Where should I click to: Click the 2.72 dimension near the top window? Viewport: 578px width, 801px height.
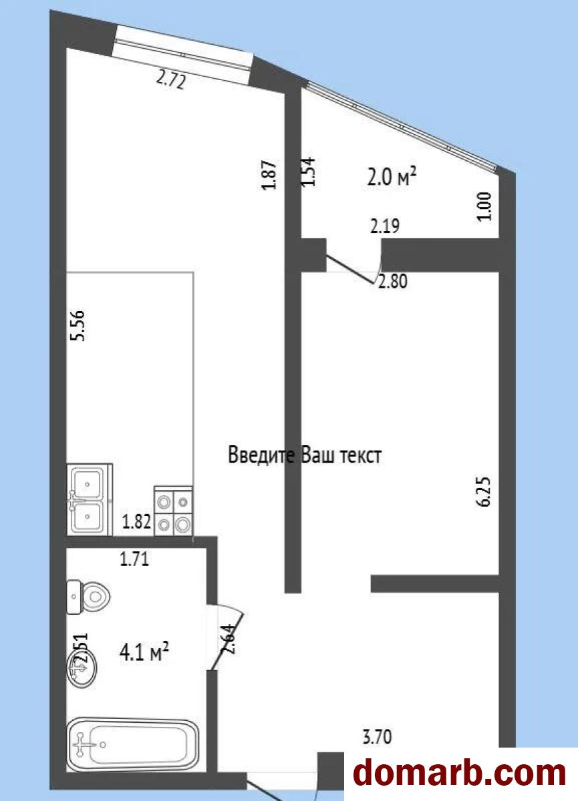(x=170, y=81)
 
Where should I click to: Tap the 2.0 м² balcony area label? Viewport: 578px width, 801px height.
(x=392, y=177)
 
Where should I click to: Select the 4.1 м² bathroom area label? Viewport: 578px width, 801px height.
(x=144, y=651)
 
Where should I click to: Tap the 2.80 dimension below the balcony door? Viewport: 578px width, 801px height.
(x=393, y=282)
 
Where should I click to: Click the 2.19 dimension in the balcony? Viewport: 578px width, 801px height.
(x=385, y=226)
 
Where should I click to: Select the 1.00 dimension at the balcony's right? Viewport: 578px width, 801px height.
(x=484, y=206)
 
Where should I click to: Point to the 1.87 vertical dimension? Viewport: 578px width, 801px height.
(x=271, y=175)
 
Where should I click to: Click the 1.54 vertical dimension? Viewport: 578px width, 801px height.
(x=308, y=172)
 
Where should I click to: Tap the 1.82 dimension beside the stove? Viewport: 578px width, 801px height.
(x=136, y=521)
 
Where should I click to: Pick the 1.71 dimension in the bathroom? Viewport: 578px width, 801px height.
(x=134, y=559)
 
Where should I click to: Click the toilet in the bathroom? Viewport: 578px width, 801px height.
(x=88, y=597)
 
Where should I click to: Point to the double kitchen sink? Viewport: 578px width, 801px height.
(x=90, y=499)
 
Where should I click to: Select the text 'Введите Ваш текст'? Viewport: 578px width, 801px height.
(x=305, y=455)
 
